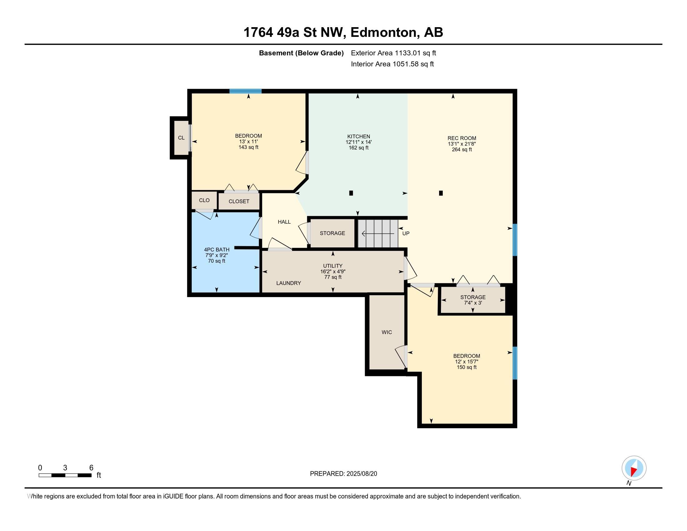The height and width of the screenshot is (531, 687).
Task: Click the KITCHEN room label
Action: click(x=358, y=136)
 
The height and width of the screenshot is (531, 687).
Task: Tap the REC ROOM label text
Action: click(x=462, y=138)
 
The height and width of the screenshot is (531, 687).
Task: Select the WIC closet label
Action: click(x=387, y=332)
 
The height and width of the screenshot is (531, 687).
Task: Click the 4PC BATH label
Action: click(x=217, y=250)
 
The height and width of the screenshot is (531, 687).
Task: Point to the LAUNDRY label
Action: click(x=289, y=283)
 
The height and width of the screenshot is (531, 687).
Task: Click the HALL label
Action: click(x=284, y=222)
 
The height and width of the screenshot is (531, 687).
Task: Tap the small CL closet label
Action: click(x=181, y=138)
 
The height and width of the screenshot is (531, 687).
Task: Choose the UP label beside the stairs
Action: click(x=406, y=233)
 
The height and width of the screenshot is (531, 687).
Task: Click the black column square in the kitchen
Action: click(x=351, y=193)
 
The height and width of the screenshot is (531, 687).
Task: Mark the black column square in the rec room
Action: click(x=441, y=193)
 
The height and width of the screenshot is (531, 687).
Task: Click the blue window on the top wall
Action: click(x=245, y=91)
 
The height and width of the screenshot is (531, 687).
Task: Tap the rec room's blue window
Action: click(x=515, y=240)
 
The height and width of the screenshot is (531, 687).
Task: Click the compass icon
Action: click(x=634, y=468)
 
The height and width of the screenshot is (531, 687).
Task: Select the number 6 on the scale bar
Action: click(x=91, y=468)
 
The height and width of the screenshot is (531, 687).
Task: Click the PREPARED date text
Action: click(x=343, y=474)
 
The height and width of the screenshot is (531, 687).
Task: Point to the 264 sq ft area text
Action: click(x=462, y=149)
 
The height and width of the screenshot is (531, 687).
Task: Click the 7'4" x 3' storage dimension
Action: click(x=473, y=303)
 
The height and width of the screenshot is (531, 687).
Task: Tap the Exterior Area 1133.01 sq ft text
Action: click(x=393, y=53)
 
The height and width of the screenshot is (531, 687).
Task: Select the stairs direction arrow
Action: click(x=378, y=234)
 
